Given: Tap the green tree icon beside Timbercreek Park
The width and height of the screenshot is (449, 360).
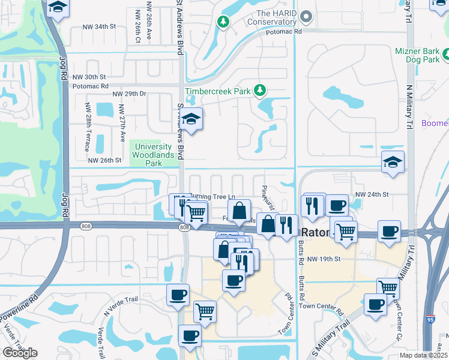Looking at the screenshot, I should (259, 91).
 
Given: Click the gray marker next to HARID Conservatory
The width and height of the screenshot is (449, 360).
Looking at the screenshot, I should (307, 17).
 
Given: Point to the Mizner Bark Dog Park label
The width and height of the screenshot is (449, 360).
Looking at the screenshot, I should (418, 56).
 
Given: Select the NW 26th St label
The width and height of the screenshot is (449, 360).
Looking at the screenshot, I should (105, 160).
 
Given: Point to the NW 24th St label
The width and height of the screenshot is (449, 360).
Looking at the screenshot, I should (372, 194).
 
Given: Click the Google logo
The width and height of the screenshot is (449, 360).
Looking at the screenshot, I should (20, 353).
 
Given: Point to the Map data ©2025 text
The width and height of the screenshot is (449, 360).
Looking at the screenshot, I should (423, 355).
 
